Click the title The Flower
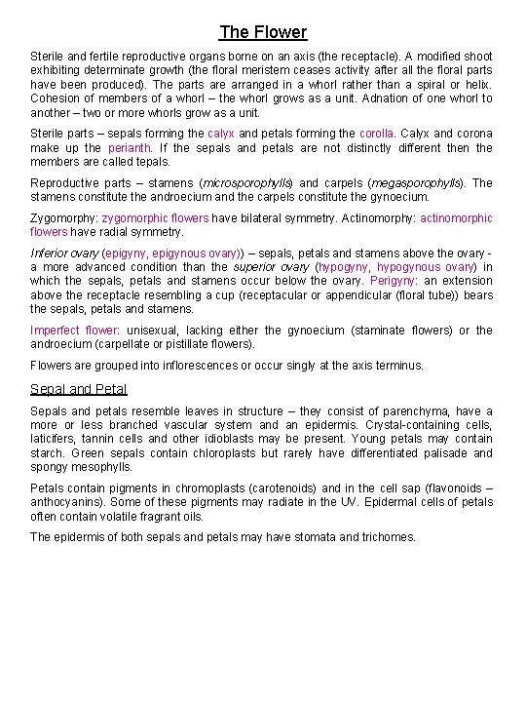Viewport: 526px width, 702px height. [x=263, y=32]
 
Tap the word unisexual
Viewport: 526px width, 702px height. [x=153, y=330]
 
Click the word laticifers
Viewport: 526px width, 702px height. [x=56, y=439]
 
